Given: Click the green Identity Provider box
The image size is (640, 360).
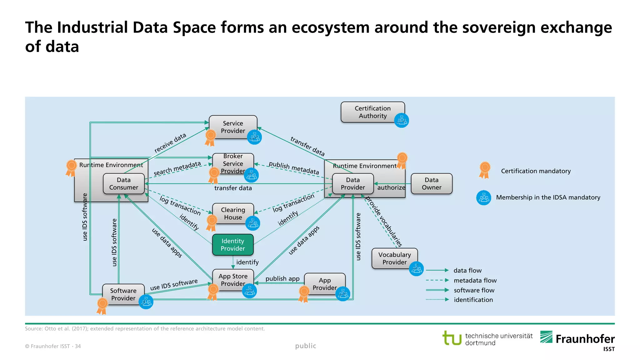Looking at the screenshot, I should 233,245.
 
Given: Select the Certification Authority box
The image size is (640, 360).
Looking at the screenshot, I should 372,112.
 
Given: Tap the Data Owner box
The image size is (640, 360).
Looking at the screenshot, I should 431,184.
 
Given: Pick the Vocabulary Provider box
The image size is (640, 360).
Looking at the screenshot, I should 394,258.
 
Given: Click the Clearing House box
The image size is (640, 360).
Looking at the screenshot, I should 233,213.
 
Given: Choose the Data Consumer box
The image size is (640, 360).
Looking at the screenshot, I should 123,184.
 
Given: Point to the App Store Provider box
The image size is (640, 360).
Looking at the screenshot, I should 233,280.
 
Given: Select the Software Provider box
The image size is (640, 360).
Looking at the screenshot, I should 123,294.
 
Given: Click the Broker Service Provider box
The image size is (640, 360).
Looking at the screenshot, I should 233,163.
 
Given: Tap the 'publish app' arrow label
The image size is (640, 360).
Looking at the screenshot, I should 282,278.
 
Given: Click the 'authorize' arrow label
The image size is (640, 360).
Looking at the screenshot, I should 391,187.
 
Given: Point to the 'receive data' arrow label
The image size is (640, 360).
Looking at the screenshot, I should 170,143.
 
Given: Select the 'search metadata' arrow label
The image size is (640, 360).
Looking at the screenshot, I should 177,168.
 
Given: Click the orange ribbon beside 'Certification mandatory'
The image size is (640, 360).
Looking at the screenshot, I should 484,170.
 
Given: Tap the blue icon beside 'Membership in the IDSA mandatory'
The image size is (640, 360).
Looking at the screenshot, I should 484,197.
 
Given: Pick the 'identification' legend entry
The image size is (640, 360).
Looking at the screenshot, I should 473,300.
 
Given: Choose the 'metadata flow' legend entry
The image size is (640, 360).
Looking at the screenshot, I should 475,280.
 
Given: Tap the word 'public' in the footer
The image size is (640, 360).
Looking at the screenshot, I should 306,346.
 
